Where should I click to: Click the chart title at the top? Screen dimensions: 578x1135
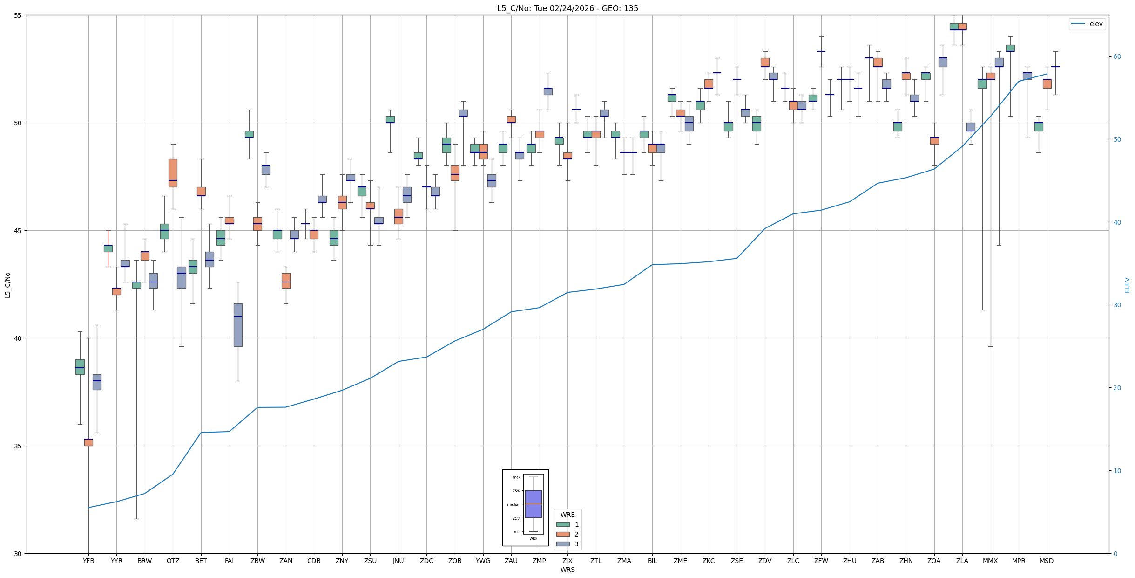point(567,8)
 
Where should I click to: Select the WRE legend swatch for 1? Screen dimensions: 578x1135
point(563,524)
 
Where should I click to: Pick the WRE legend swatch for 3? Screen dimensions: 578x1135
point(563,544)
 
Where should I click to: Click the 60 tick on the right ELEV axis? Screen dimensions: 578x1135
point(1117,57)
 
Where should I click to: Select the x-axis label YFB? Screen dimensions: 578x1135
point(88,561)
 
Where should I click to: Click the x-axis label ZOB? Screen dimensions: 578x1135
point(455,561)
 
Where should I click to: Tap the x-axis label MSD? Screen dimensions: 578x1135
point(1047,561)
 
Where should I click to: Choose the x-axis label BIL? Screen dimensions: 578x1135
point(652,561)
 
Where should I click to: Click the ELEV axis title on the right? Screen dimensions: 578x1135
point(1127,285)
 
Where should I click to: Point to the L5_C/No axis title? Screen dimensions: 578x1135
point(7,285)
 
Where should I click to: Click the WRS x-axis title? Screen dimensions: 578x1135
point(567,570)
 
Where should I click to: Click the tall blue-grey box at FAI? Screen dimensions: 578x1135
point(238,325)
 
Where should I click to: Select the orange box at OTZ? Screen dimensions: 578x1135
point(173,173)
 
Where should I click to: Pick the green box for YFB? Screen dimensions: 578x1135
point(80,367)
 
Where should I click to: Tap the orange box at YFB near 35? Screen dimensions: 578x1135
point(88,442)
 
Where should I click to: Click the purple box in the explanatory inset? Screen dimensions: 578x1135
point(533,504)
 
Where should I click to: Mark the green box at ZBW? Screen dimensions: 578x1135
point(249,134)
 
